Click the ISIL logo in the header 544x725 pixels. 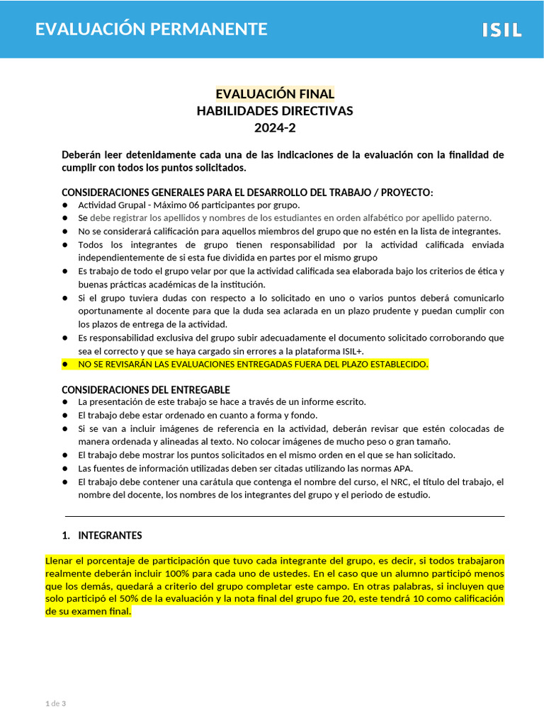point(501,30)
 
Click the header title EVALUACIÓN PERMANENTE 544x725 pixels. point(152,29)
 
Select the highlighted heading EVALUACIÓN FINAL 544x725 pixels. point(275,94)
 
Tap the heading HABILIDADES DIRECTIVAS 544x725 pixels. point(275,110)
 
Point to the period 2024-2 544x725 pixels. point(275,127)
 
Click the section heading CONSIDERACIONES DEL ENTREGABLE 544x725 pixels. point(146,390)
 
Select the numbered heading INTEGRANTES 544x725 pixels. point(110,535)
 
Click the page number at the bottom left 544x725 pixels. point(55,703)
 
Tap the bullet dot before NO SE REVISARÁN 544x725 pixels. point(65,364)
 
